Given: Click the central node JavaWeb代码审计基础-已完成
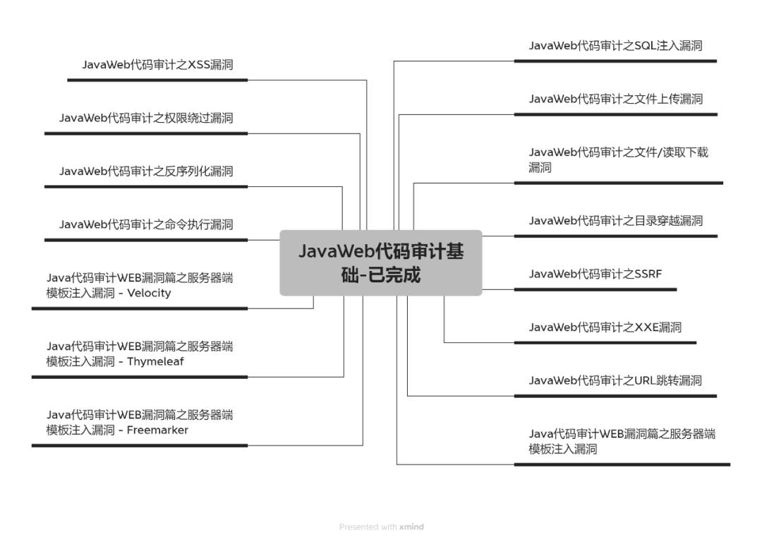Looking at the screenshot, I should pyautogui.click(x=381, y=263).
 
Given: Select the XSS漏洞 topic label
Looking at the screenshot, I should pyautogui.click(x=157, y=65).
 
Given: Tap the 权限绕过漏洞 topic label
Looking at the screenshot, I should pyautogui.click(x=146, y=118).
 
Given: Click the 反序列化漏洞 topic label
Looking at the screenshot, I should pyautogui.click(x=146, y=171).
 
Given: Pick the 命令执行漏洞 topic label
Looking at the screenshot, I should pyautogui.click(x=146, y=224).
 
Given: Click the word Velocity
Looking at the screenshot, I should pyautogui.click(x=149, y=293).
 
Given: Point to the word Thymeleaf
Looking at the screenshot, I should pyautogui.click(x=155, y=361).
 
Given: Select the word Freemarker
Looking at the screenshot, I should pyautogui.click(x=157, y=430).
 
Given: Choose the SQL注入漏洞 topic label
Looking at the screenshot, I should pyautogui.click(x=615, y=46).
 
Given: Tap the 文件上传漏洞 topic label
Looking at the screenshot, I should pyautogui.click(x=615, y=99).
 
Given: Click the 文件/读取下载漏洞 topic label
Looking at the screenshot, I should pyautogui.click(x=618, y=159).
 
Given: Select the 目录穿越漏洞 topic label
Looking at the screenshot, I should pyautogui.click(x=615, y=221).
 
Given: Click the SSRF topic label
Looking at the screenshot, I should pyautogui.click(x=595, y=274).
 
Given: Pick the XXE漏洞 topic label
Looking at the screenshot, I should pyautogui.click(x=605, y=327).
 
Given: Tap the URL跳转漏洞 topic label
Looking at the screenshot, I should pyautogui.click(x=615, y=380).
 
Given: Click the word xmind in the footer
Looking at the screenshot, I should pyautogui.click(x=411, y=526).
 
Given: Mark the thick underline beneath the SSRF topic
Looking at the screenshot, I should pyautogui.click(x=595, y=289).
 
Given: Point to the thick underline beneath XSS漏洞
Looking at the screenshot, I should pyautogui.click(x=157, y=80).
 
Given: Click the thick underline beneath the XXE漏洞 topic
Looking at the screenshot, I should pyautogui.click(x=605, y=342).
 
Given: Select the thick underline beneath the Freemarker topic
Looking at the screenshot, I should pyautogui.click(x=140, y=445).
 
